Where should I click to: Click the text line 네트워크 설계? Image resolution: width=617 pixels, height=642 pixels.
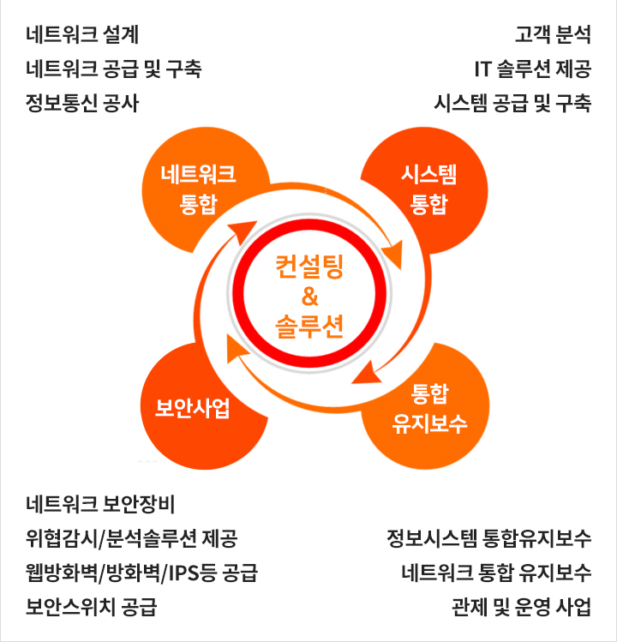[x=82, y=34]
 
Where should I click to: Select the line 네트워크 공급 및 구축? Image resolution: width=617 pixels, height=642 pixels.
[x=114, y=69]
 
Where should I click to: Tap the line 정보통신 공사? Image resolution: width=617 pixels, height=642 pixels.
[x=82, y=103]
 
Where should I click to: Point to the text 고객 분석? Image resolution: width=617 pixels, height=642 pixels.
[x=553, y=34]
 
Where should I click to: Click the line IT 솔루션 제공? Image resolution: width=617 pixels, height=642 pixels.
[x=533, y=69]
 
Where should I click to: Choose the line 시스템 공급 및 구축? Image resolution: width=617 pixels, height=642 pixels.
[x=512, y=103]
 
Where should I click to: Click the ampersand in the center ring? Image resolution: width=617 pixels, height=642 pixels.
[x=309, y=297]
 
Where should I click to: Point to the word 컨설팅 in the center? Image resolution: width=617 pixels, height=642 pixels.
[x=309, y=267]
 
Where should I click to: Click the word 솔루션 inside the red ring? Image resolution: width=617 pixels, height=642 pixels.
[x=309, y=327]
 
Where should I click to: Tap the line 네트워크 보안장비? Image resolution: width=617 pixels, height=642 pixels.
[x=100, y=504]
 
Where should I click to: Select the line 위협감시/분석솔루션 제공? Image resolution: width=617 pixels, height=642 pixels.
[x=131, y=538]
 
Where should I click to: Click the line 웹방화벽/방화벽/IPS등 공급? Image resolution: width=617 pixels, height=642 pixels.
[x=141, y=573]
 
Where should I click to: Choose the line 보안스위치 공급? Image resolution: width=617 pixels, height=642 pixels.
[x=92, y=607]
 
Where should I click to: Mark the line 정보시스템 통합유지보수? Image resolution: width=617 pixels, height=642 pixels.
[x=489, y=538]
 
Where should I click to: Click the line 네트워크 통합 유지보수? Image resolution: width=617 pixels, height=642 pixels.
[x=496, y=573]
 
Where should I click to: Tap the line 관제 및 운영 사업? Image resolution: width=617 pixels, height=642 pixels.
[x=522, y=607]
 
